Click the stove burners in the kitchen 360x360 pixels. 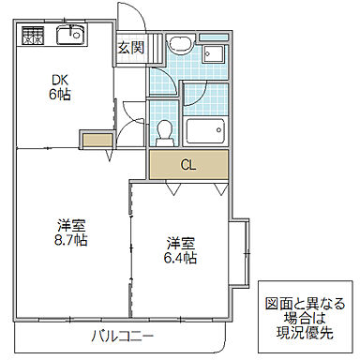pyautogui.click(x=34, y=37)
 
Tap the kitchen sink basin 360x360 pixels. pyautogui.click(x=69, y=37)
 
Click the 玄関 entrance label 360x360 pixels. pyautogui.click(x=130, y=47)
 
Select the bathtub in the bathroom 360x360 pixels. pyautogui.click(x=205, y=130)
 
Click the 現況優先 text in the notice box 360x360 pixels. pyautogui.click(x=306, y=333)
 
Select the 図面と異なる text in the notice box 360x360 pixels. pyautogui.click(x=306, y=303)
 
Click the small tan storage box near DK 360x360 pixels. pyautogui.click(x=96, y=142)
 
